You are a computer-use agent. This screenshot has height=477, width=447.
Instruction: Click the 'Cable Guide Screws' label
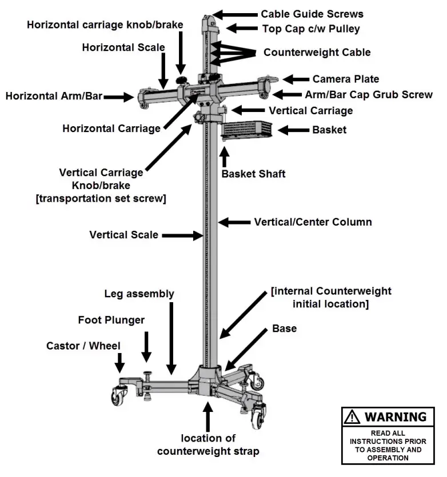click(x=312, y=14)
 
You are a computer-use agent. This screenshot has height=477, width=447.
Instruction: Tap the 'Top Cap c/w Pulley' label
click(x=310, y=29)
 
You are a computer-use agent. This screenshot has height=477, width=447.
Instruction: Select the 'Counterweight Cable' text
click(x=317, y=53)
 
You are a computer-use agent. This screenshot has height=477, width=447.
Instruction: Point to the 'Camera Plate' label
click(x=345, y=79)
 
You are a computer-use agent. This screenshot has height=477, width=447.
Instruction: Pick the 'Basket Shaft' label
click(x=253, y=174)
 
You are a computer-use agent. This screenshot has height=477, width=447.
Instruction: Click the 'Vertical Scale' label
click(x=123, y=234)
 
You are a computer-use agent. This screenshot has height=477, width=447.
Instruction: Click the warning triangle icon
click(x=352, y=418)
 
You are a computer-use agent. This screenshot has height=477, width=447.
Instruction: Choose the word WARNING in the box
click(x=395, y=417)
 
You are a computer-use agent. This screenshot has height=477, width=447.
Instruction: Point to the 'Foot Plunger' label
click(x=111, y=320)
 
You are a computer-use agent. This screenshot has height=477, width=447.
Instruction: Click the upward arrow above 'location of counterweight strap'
click(x=208, y=416)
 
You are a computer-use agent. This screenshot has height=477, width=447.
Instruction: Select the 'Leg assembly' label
click(x=139, y=294)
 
